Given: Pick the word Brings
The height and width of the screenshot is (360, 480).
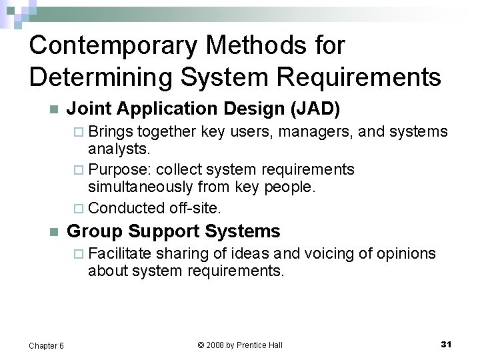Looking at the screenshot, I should (x=110, y=131).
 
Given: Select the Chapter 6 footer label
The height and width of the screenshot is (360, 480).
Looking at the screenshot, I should (x=47, y=345).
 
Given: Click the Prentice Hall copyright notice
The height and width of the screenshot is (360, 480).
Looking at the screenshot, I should (x=240, y=345).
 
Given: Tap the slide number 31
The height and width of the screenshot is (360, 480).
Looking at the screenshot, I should (x=446, y=344).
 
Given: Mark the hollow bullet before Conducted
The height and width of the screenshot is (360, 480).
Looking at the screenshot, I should (x=81, y=208).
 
